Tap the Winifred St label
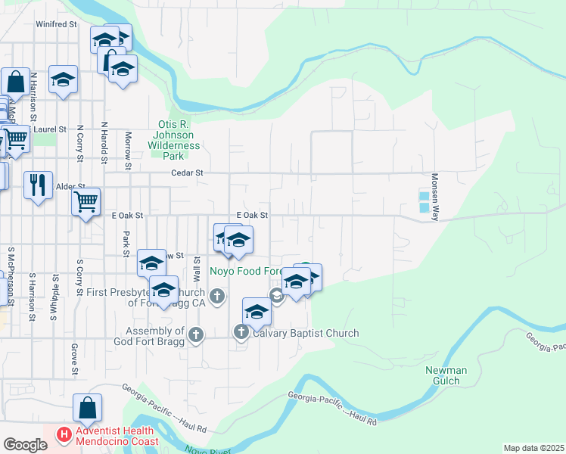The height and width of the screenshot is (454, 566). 57,24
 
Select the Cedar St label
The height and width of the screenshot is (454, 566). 189,173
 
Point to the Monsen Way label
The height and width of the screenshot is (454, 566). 435,197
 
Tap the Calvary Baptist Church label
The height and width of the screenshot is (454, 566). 306,333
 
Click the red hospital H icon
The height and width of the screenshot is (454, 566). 65,435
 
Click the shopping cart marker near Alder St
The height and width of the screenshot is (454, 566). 86,201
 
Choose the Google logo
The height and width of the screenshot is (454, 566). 24,444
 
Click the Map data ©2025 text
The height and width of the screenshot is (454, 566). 533,448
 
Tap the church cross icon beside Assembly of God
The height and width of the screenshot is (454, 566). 196,334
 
